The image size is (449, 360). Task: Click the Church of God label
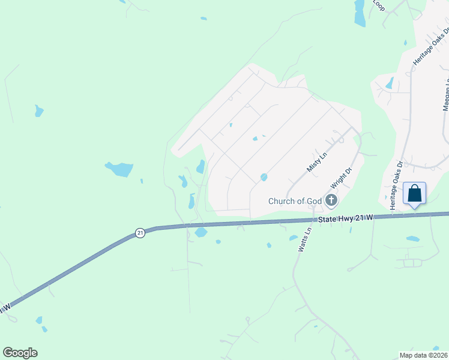295,201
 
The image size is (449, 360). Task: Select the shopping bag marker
414,194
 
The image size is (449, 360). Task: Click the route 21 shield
140,233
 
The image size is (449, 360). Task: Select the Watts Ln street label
304,238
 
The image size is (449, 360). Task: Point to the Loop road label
378,5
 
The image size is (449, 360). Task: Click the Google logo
20,353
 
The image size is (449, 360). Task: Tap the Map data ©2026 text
423,355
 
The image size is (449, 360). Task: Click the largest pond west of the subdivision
119,169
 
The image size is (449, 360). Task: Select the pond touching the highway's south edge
200,232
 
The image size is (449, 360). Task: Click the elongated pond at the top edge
360,13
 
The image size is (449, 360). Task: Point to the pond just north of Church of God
264,177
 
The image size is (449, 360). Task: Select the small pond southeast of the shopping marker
412,239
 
